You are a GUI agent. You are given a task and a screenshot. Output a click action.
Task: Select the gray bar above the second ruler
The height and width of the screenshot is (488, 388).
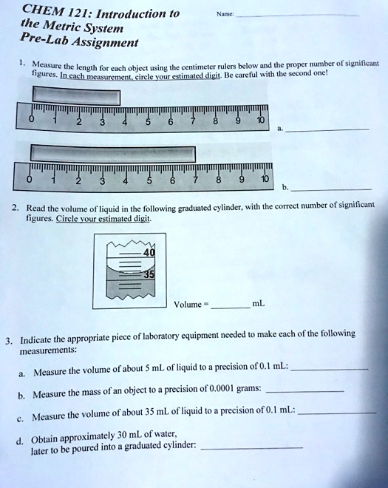point(112,155)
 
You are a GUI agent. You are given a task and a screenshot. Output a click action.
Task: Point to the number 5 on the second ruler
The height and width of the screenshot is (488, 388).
point(149,181)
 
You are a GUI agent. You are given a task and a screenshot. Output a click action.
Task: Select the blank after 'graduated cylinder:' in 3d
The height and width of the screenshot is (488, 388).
point(251,447)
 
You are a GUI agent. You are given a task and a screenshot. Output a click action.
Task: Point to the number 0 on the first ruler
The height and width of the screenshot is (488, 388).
point(32,118)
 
